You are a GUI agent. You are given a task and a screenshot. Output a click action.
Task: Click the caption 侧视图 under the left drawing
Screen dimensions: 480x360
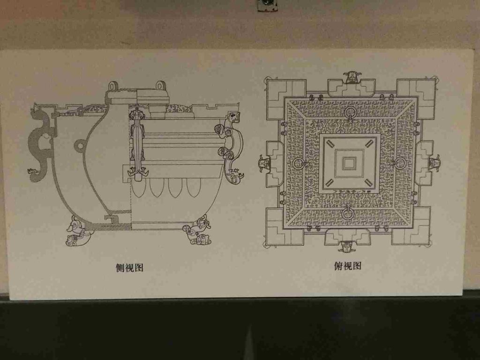click(x=129, y=268)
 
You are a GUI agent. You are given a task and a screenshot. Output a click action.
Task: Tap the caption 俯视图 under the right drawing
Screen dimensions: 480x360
click(x=347, y=266)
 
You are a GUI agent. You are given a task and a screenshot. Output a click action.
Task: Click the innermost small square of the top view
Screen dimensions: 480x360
click(x=349, y=163)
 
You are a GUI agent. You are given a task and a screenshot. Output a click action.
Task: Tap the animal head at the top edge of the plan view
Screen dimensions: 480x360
click(x=352, y=77)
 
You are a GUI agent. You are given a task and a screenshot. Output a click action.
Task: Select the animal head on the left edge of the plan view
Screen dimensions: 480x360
click(x=265, y=164)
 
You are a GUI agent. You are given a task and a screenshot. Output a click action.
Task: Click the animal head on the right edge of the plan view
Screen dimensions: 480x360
click(x=435, y=162)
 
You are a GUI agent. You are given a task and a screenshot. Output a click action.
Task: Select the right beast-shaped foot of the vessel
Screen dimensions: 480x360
click(x=198, y=231)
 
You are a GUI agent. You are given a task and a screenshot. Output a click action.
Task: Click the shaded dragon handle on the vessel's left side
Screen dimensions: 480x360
click(x=41, y=143)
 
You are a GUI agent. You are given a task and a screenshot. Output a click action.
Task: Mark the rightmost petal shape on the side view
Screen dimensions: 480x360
click(x=194, y=187)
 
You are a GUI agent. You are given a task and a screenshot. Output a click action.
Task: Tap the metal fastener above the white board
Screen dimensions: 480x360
click(x=267, y=5)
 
